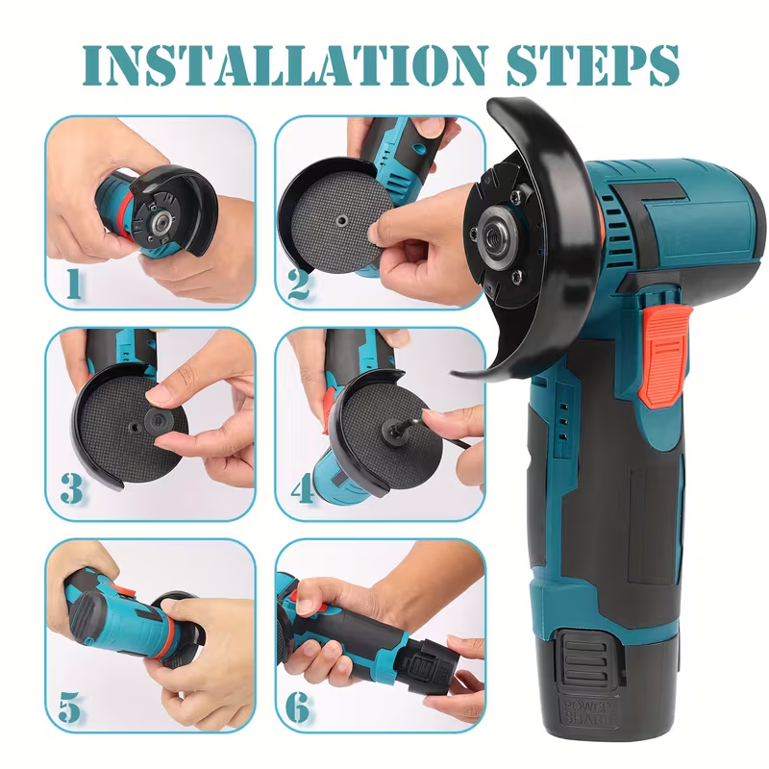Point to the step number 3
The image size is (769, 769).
(x=72, y=489)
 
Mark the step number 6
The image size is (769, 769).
(x=299, y=707)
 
